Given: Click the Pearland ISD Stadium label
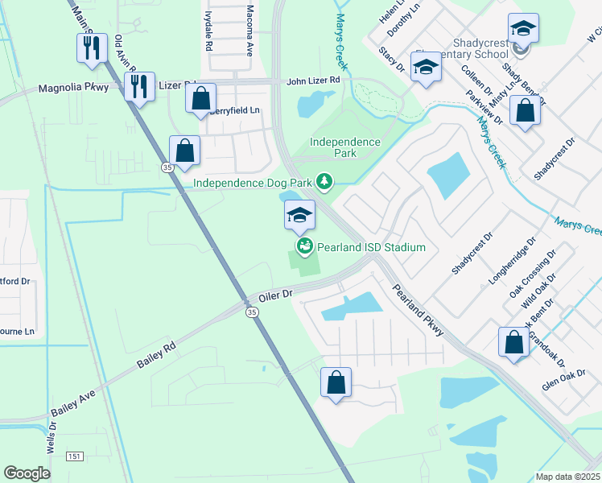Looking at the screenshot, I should click(370, 247).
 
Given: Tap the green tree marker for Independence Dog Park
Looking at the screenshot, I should click(324, 183).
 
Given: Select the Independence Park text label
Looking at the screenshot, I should click(345, 147).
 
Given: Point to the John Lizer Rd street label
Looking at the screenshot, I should click(313, 81).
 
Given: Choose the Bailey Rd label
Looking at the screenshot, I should click(156, 357).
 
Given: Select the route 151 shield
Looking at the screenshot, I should click(75, 456).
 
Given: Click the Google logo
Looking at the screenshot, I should click(27, 473).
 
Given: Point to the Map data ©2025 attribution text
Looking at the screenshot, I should click(567, 477).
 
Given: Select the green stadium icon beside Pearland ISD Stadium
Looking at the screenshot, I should click(304, 246).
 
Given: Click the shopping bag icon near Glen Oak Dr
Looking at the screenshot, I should click(513, 343).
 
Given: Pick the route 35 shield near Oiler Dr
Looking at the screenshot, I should click(252, 312).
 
